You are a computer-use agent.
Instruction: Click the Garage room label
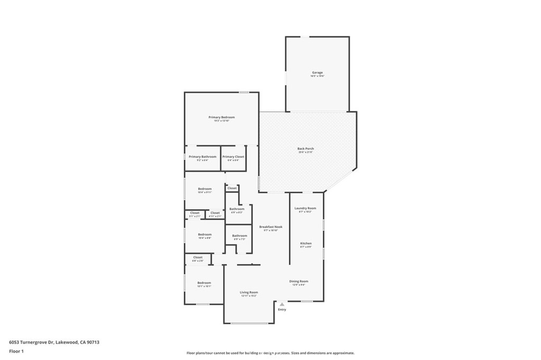(x=317, y=72)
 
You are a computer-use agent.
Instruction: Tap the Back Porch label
(x=305, y=148)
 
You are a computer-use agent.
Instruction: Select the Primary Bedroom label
(x=221, y=117)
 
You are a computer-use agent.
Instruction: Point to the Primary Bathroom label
(x=202, y=157)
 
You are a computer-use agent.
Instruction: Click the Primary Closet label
(x=233, y=157)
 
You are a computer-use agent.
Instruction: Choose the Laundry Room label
(x=305, y=208)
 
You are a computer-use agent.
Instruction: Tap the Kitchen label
(x=306, y=243)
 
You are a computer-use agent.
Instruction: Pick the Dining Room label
(x=299, y=281)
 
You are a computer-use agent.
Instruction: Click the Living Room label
(x=249, y=292)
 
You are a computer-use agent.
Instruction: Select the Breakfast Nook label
(x=270, y=226)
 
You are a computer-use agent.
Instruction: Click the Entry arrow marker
(x=282, y=304)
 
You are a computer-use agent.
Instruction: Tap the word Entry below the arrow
(x=282, y=309)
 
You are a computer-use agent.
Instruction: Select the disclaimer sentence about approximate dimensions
(x=270, y=353)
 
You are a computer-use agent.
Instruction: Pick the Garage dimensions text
(x=317, y=77)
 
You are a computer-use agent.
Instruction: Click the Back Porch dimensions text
(x=305, y=153)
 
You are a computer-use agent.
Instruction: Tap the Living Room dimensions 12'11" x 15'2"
(x=249, y=296)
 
